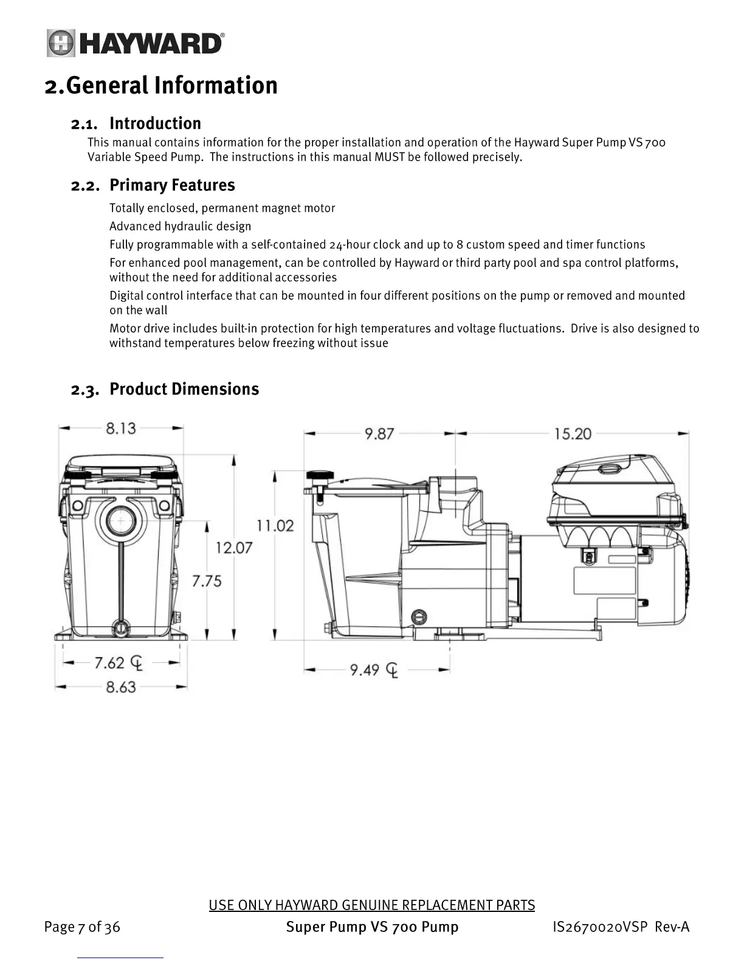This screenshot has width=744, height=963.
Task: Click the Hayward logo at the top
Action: coord(136,44)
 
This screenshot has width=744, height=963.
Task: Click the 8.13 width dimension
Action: coord(121,429)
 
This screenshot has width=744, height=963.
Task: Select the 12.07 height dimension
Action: coord(234,548)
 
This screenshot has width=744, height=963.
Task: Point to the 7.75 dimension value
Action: coord(207,581)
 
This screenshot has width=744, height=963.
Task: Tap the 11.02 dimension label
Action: coord(275,525)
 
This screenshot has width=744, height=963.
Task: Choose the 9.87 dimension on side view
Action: coord(379,434)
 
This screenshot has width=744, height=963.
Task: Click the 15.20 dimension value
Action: coord(573,434)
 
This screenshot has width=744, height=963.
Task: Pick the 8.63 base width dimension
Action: coord(121,688)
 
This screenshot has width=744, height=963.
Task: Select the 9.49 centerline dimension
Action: coord(365,670)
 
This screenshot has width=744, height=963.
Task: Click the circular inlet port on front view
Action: coord(122,522)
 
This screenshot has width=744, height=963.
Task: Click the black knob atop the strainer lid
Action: coord(320,475)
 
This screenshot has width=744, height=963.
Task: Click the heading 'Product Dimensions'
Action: coord(184,389)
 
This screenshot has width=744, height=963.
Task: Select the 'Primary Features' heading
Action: coord(172,185)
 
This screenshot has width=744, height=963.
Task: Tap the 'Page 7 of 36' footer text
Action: coord(82,927)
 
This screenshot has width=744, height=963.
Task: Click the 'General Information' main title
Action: coord(171,86)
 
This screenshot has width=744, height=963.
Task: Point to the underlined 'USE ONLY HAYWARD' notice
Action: coord(371,905)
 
